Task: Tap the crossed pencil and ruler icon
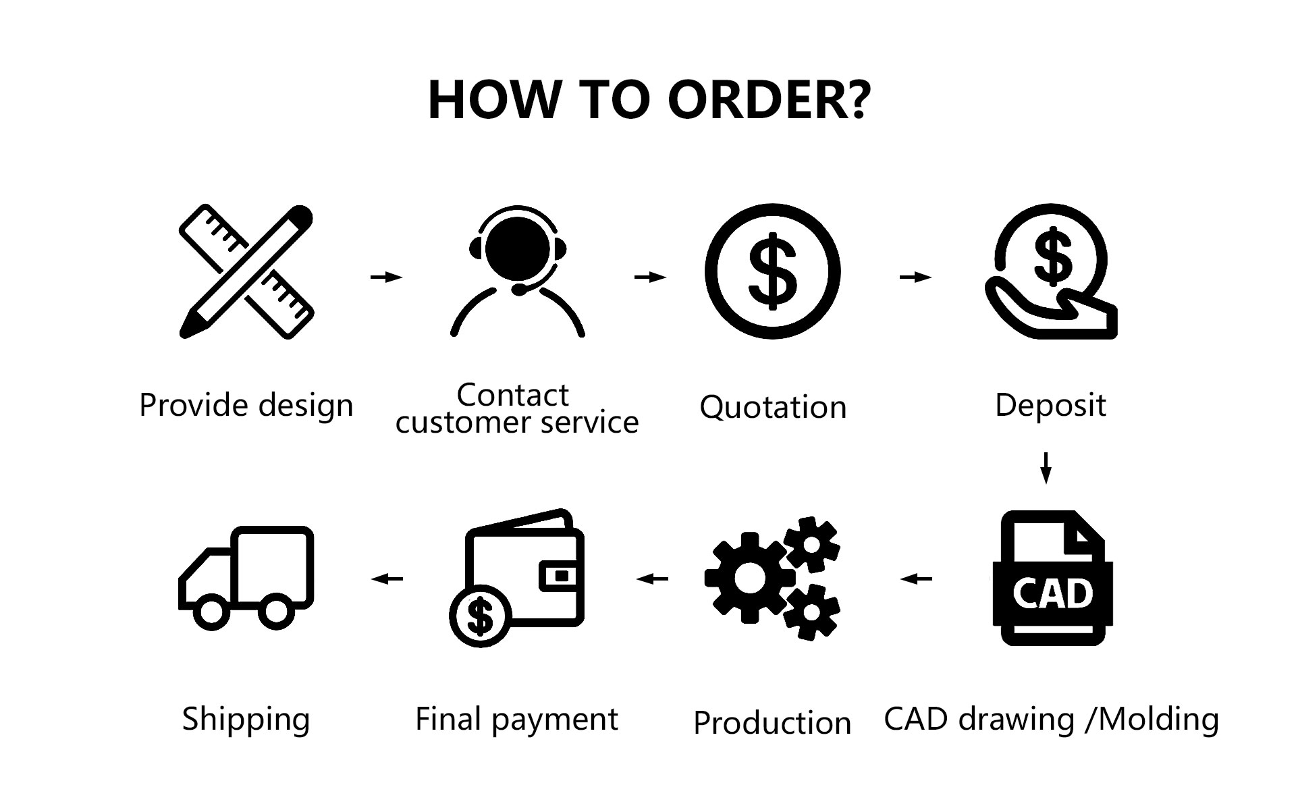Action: (246, 271)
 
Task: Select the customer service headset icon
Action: (517, 271)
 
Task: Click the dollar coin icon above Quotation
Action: (773, 271)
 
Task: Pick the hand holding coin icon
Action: (1050, 271)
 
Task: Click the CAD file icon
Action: (1052, 578)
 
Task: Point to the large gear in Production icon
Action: (749, 577)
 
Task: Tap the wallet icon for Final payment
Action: (517, 578)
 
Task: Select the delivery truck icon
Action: (246, 578)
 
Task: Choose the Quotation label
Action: (773, 408)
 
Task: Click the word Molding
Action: (1159, 720)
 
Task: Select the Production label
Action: (772, 723)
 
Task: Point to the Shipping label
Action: (246, 720)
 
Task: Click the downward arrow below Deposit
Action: (1046, 468)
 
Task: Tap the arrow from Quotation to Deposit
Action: (915, 277)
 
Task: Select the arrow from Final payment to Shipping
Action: (387, 579)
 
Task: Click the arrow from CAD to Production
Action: (916, 579)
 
